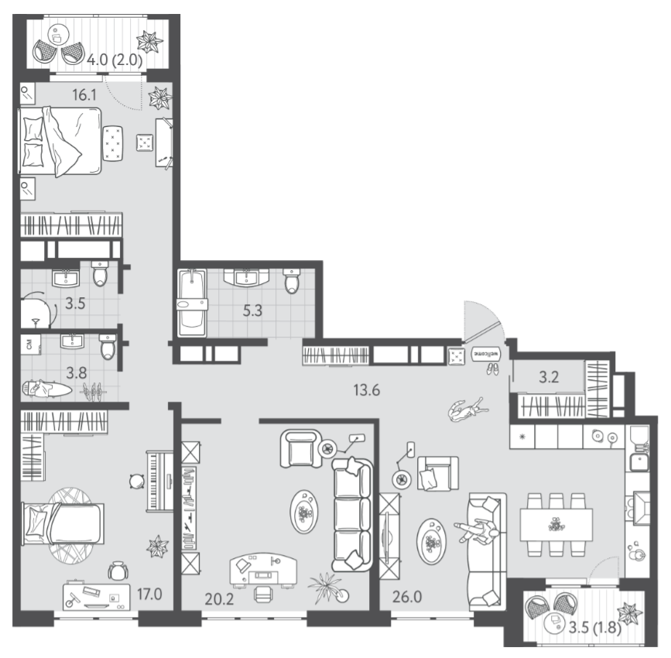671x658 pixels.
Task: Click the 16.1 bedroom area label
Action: click(x=84, y=95)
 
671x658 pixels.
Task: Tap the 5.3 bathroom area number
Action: click(x=252, y=310)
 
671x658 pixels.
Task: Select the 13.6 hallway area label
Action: click(x=367, y=390)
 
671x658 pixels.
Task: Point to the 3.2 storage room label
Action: click(x=549, y=377)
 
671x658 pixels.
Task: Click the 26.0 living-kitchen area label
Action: click(x=407, y=596)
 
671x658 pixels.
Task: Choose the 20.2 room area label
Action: click(x=219, y=599)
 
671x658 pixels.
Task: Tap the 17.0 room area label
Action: click(x=149, y=595)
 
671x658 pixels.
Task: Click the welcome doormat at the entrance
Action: click(x=486, y=354)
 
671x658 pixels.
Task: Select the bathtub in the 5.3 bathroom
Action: click(x=192, y=303)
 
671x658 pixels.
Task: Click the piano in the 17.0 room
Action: click(x=159, y=481)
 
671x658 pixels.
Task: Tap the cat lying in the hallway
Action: click(x=467, y=410)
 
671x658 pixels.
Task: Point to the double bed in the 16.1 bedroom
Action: click(x=60, y=141)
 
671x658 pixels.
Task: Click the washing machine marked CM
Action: click(x=31, y=344)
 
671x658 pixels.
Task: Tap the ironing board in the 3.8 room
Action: click(x=47, y=388)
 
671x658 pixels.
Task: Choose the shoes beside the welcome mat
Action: click(x=492, y=369)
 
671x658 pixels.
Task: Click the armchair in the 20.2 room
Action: click(x=301, y=449)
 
